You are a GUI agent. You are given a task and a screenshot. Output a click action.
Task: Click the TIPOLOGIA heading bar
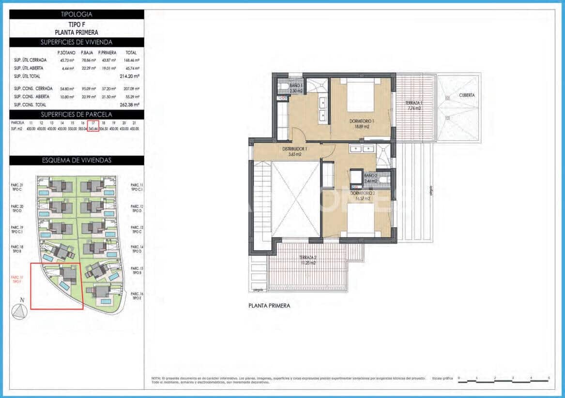coord(76,15)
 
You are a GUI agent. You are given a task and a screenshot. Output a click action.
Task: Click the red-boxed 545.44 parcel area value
coord(93,129)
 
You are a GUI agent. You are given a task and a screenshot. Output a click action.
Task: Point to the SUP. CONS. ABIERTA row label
coord(32,97)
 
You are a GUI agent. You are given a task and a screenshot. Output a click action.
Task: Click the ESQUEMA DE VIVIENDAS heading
coord(76,161)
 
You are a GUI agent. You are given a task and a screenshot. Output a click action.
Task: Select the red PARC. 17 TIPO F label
coord(17,279)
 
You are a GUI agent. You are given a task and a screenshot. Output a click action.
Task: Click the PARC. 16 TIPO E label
coord(137,296)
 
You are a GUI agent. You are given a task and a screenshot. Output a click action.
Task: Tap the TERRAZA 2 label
coord(308,260)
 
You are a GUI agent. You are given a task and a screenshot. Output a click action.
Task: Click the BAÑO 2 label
coord(370,178)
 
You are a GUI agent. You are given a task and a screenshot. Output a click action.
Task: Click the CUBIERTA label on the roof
coord(467,95)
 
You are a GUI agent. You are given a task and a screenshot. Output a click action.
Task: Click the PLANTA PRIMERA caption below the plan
coord(269,306)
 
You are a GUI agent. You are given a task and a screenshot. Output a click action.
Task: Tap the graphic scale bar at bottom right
coord(504,381)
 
